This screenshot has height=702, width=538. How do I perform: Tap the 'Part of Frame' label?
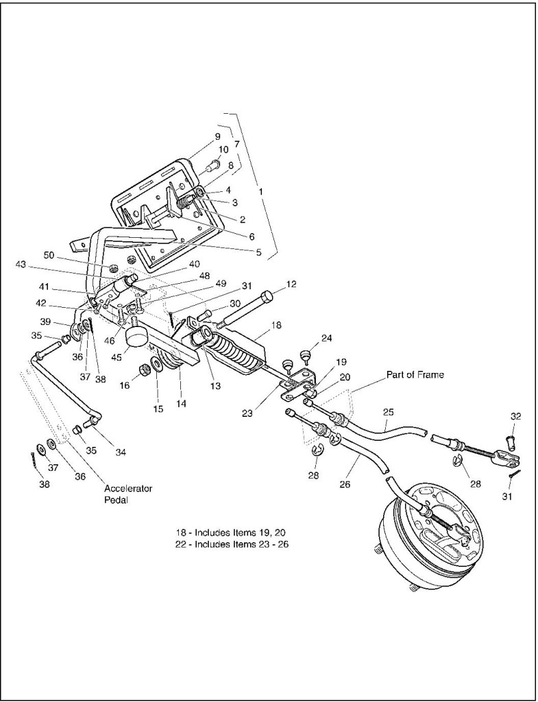tap(415, 374)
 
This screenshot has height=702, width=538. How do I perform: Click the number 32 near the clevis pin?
tap(515, 416)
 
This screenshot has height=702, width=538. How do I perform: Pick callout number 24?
tap(326, 337)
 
